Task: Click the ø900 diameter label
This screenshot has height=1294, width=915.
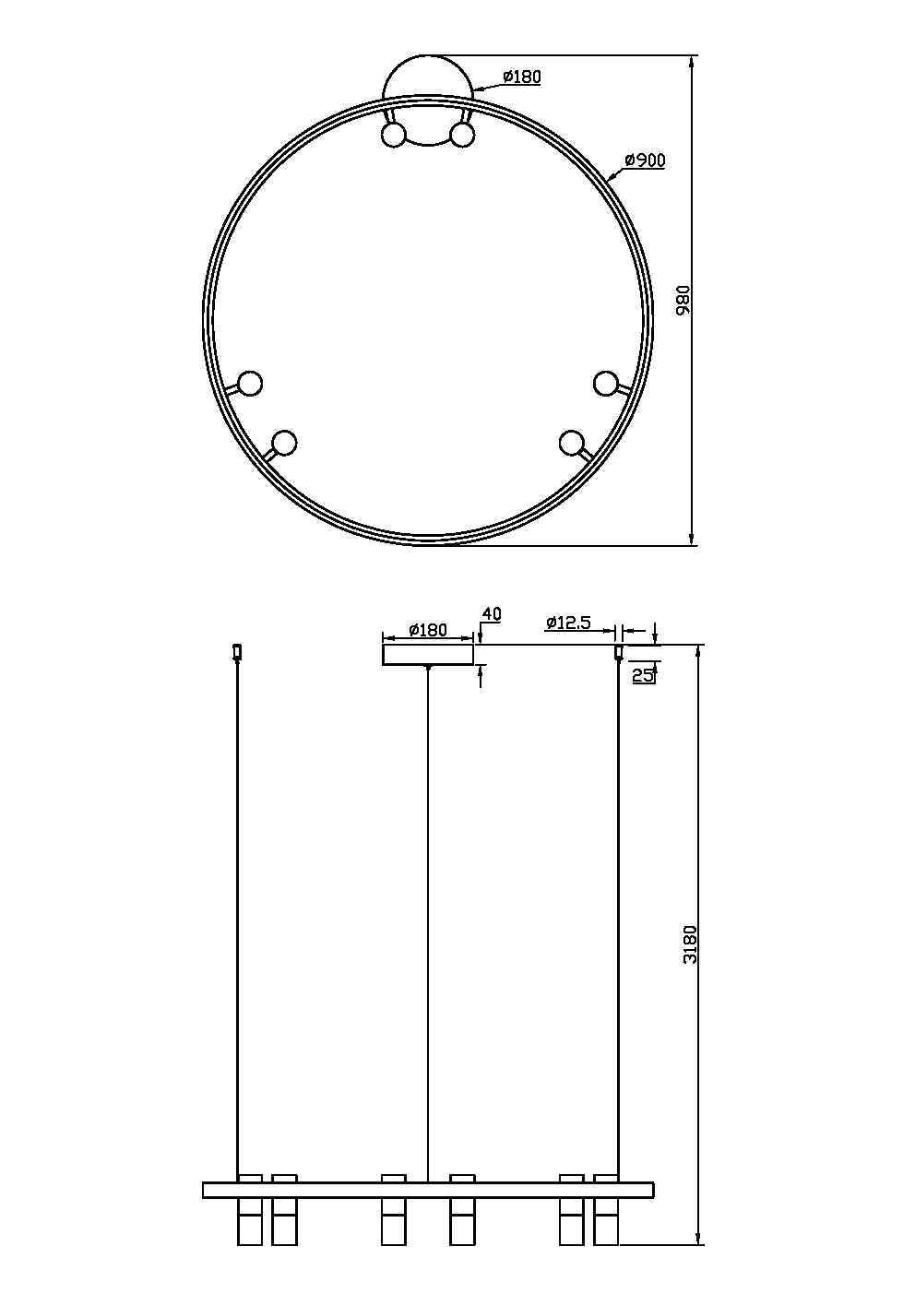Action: (644, 160)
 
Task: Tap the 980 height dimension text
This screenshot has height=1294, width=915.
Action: (683, 300)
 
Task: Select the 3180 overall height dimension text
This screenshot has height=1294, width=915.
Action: (690, 944)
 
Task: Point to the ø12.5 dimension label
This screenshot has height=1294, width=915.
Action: (567, 623)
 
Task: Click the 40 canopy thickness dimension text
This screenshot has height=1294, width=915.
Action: (491, 614)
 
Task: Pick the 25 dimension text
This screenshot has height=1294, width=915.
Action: (643, 675)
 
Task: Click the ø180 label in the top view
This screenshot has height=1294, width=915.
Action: (522, 77)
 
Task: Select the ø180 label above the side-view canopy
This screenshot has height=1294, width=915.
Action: (427, 630)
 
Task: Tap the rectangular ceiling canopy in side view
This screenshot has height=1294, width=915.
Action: (428, 654)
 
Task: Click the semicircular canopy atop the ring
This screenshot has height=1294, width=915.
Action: (429, 77)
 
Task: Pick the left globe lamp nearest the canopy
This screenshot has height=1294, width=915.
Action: (394, 136)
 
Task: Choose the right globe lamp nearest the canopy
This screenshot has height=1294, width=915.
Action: (462, 136)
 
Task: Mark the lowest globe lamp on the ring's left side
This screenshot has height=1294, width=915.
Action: (284, 444)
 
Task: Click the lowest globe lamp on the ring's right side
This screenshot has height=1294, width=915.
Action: (572, 443)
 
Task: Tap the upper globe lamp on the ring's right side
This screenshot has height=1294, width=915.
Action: (605, 383)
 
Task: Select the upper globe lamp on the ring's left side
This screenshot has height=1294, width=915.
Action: (250, 383)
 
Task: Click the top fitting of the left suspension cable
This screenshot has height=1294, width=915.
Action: (237, 652)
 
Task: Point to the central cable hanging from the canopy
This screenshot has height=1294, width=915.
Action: (428, 922)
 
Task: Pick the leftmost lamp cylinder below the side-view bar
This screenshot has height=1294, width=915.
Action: (250, 1222)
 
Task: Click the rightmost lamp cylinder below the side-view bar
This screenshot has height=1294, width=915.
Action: (606, 1222)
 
